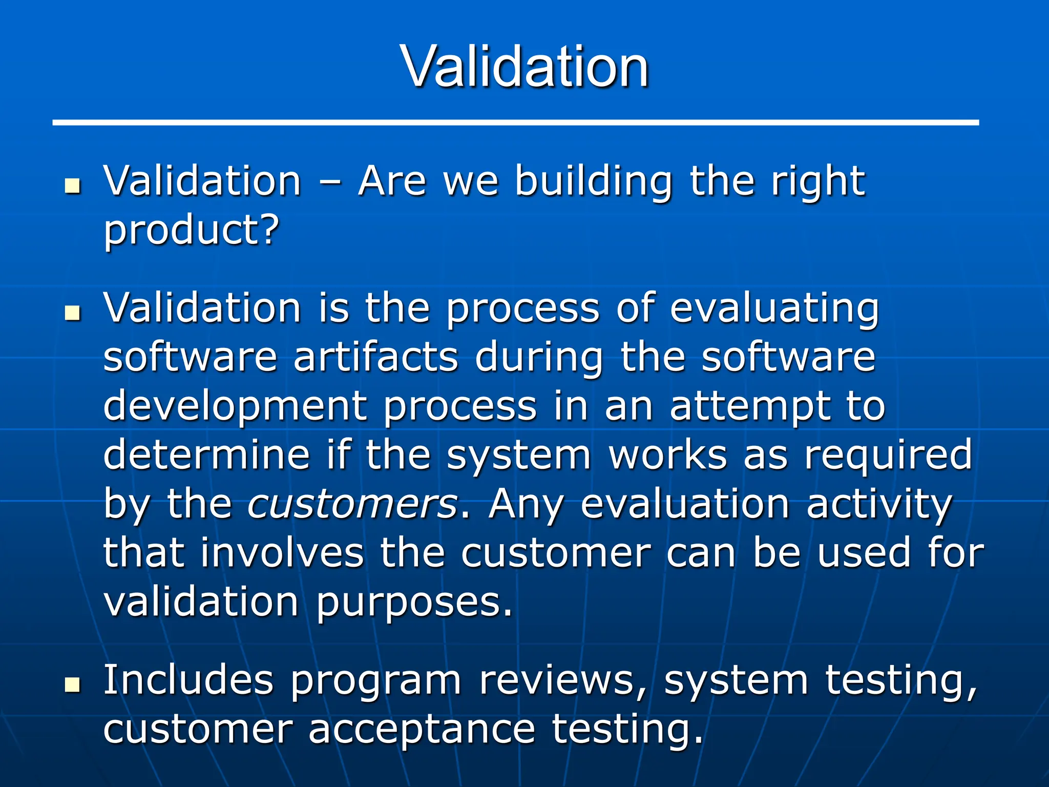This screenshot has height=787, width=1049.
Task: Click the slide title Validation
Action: (524, 67)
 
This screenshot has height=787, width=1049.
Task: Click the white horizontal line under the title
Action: (515, 122)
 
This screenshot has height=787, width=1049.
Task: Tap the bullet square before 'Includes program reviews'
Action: (73, 684)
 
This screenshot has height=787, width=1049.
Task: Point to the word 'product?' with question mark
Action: (192, 230)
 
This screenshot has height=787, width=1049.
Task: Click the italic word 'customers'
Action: (353, 504)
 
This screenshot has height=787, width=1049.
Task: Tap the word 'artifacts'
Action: (375, 357)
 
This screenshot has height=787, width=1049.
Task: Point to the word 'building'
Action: (593, 182)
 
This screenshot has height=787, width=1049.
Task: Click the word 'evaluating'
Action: (774, 309)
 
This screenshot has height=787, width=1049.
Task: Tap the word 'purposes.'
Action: (414, 603)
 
